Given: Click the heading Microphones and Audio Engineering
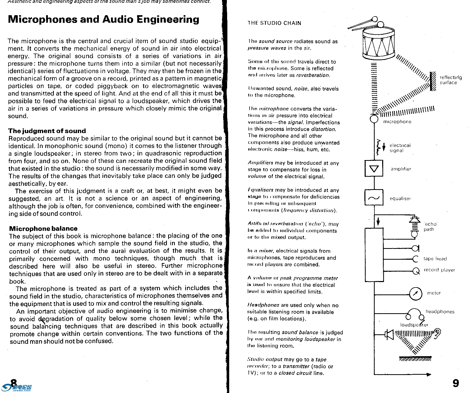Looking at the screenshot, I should (104, 20).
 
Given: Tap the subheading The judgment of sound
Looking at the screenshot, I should (47, 131).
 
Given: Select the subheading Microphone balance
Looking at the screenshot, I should (43, 229).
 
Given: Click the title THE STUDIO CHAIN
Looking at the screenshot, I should (274, 23).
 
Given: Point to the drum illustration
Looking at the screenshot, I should (378, 42).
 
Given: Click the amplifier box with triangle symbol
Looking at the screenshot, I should (374, 169).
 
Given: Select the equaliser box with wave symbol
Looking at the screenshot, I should (374, 198).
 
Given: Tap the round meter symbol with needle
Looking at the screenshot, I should (416, 293).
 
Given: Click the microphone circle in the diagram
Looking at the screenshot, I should (374, 119).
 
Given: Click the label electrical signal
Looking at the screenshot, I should (400, 148).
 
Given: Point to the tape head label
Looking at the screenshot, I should (435, 259).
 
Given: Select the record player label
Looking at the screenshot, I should (439, 270).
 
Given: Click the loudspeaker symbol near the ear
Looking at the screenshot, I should (389, 335).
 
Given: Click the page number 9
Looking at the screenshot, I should (456, 383).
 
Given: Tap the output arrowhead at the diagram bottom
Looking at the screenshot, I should (429, 374).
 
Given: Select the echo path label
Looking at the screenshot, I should (430, 226).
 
